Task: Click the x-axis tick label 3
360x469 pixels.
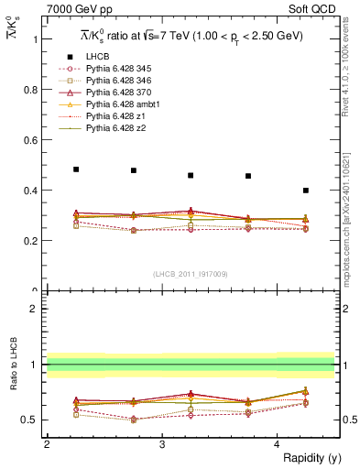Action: [x=162, y=444]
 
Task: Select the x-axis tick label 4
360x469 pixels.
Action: [x=278, y=444]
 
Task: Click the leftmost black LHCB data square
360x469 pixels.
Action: [x=76, y=169]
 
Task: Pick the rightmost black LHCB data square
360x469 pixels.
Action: [x=306, y=191]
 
